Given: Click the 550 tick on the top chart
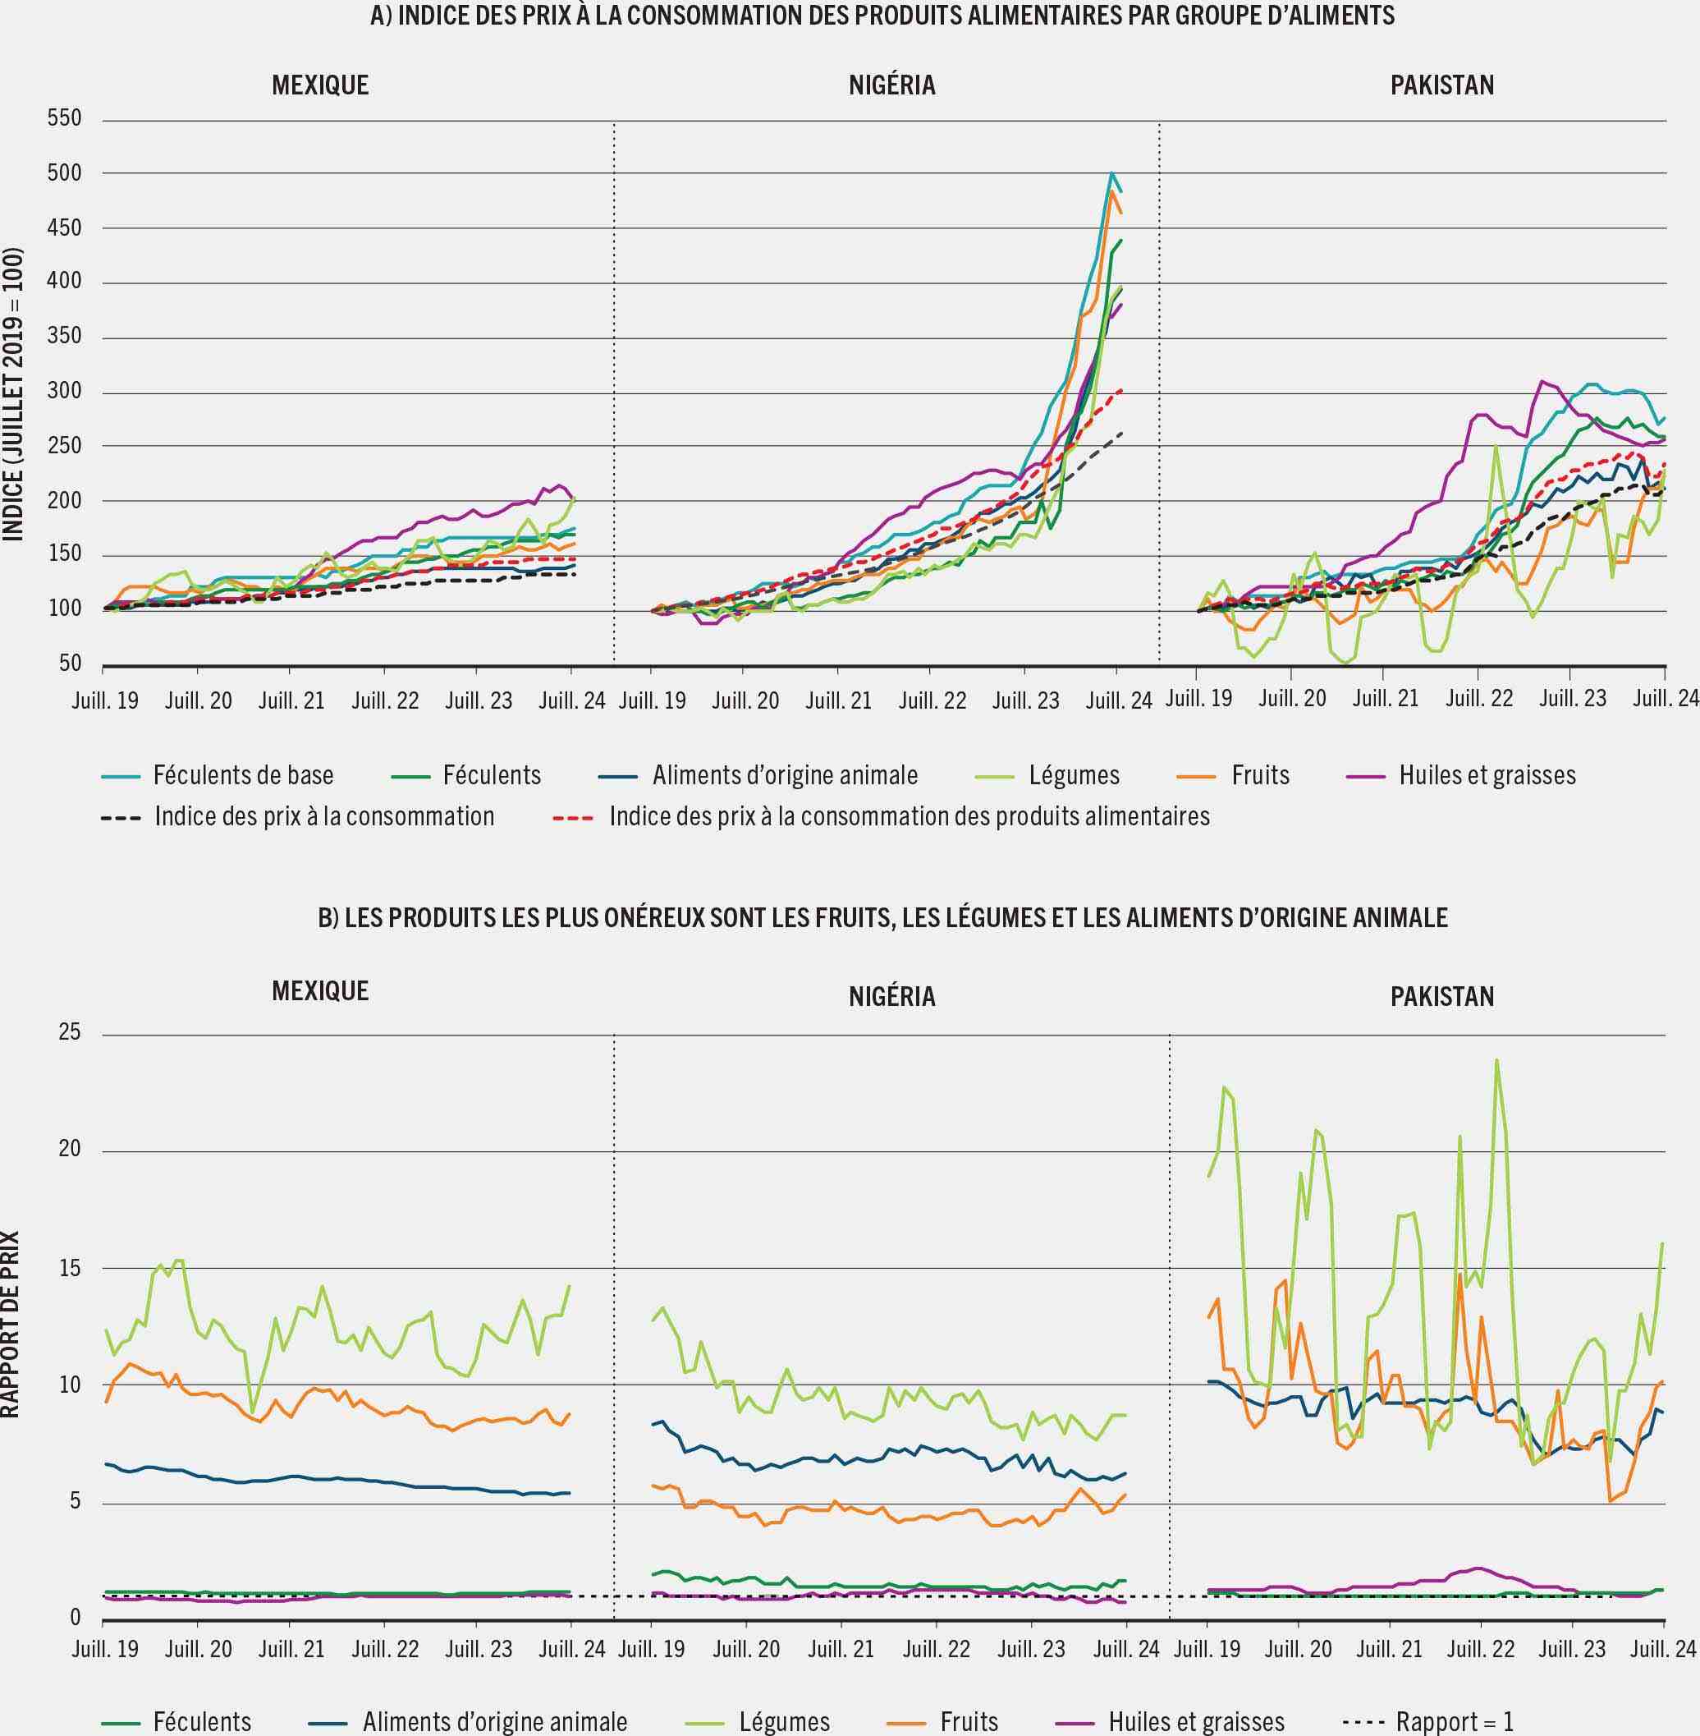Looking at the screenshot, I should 64,119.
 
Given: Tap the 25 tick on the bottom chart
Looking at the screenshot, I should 69,1033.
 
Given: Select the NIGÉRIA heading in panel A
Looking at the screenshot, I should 892,85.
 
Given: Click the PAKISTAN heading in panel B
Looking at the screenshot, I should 1442,997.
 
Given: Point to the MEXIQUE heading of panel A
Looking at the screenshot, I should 319,85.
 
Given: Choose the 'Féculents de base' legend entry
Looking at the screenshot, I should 243,775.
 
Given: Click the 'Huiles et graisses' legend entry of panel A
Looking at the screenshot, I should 1487,775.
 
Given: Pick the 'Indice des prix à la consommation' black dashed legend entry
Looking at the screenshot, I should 324,816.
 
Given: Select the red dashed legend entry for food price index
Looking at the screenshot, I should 909,816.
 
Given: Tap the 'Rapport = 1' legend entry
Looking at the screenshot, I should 1454,1722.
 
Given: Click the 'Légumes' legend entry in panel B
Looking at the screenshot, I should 784,1722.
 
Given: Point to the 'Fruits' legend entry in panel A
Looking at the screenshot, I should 1260,775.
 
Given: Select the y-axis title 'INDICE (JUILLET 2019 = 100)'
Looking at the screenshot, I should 12,393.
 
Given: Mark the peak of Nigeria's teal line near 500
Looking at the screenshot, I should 1111,172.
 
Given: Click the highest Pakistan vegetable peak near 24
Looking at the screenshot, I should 1496,1060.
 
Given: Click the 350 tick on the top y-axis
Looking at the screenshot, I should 64,337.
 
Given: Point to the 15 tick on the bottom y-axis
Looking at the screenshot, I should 69,1268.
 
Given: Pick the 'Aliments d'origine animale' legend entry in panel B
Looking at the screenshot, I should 495,1722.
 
